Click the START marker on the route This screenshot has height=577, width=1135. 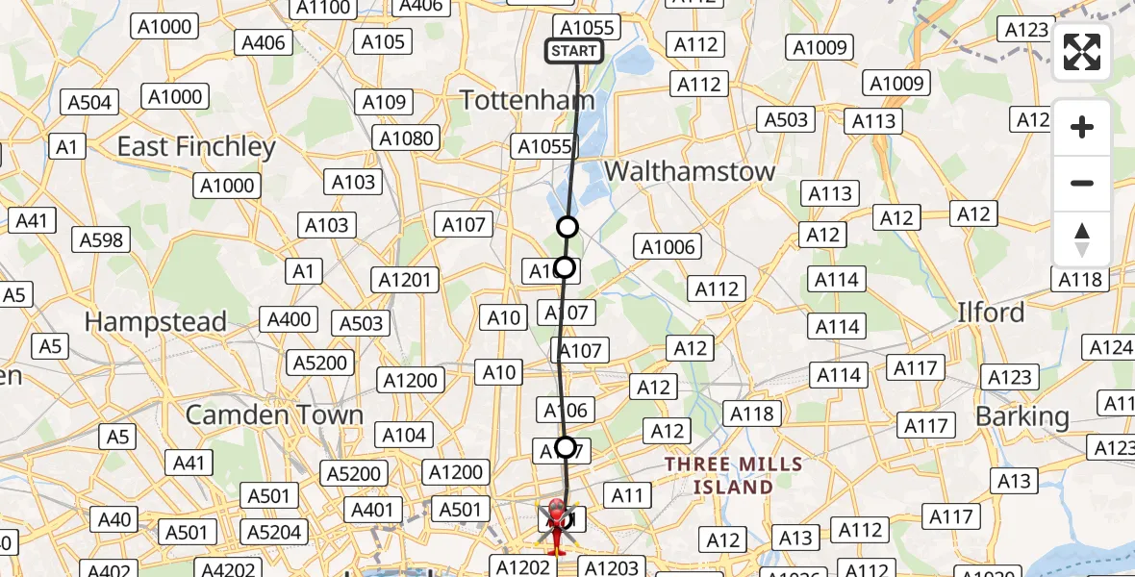click(x=574, y=51)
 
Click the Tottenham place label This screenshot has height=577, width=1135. click(x=527, y=100)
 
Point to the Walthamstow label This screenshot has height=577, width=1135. click(x=690, y=171)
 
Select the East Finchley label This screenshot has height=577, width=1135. click(x=196, y=146)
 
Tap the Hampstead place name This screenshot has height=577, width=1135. click(x=156, y=321)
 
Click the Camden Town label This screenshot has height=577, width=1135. click(x=274, y=415)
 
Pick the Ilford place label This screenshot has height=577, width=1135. click(x=992, y=313)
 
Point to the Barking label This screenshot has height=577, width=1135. click(x=1021, y=416)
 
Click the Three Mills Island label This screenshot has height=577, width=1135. click(x=734, y=476)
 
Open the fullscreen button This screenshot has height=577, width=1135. click(x=1082, y=53)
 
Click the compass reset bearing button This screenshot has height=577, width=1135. click(x=1082, y=239)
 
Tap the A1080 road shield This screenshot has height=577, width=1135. click(x=406, y=138)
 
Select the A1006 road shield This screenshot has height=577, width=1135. click(x=668, y=247)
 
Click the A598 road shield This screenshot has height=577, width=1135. click(x=101, y=239)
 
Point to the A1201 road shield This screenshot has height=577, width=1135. click(x=407, y=280)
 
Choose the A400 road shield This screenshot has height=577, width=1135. click(x=290, y=319)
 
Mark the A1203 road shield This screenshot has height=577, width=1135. click(x=612, y=567)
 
